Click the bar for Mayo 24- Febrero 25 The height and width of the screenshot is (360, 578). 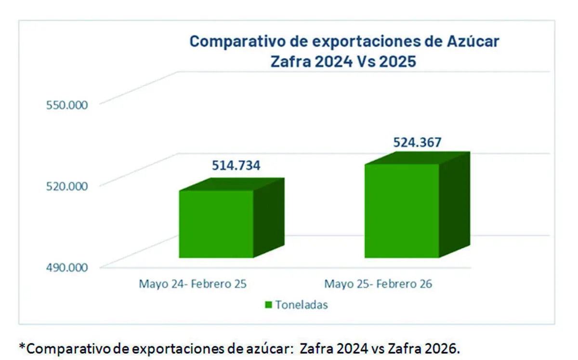point(216,224)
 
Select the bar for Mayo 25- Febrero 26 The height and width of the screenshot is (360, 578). point(402,211)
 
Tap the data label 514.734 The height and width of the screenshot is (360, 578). point(236,166)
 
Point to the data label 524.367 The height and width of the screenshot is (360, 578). point(418,143)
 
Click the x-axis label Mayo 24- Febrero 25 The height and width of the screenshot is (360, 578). point(193,284)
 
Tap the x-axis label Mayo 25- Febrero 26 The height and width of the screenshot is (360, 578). point(378,284)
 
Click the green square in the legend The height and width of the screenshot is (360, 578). point(269,305)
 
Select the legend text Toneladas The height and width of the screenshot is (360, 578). point(302,305)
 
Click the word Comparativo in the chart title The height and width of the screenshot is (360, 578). point(237,41)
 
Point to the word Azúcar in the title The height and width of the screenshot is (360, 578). point(470,41)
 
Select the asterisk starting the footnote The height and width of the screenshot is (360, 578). point(22,347)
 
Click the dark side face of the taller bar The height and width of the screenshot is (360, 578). point(454,205)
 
